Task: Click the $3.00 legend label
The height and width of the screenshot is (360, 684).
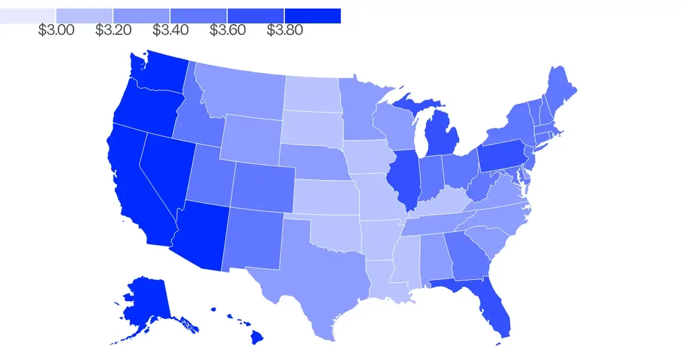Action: (x=56, y=30)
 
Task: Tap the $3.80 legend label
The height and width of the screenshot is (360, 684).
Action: (x=285, y=30)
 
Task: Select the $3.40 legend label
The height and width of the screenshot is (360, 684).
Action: (x=170, y=30)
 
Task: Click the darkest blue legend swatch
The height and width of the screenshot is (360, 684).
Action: (x=313, y=16)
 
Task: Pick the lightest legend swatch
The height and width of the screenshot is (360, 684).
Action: (x=28, y=16)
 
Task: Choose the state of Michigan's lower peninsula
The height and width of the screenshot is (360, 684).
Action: (x=444, y=135)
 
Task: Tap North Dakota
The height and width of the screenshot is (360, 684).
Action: (x=311, y=93)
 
